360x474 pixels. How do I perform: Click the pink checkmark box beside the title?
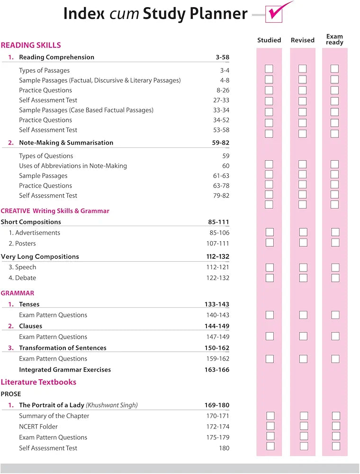[274, 14]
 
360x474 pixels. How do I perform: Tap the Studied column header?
[269, 40]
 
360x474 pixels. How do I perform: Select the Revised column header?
[303, 40]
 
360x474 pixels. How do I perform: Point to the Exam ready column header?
[334, 39]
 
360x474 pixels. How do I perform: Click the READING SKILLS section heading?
[31, 46]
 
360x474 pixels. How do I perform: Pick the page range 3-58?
[222, 57]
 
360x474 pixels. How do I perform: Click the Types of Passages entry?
[45, 71]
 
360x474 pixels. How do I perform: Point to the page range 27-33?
[221, 100]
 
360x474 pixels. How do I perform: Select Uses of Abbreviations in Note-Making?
[73, 166]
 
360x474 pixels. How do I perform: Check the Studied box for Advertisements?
[270, 232]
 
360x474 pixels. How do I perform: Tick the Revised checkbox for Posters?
[303, 243]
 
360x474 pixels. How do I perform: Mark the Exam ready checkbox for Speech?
[335, 267]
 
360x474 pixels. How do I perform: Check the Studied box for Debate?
[270, 278]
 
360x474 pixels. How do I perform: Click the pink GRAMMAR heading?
[18, 293]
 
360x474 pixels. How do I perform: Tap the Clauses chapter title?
[30, 326]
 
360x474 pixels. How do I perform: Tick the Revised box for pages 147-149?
[303, 337]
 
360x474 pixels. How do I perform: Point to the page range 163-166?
[217, 370]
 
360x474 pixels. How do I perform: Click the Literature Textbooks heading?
[38, 382]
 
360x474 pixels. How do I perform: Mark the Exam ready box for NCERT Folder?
[336, 426]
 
